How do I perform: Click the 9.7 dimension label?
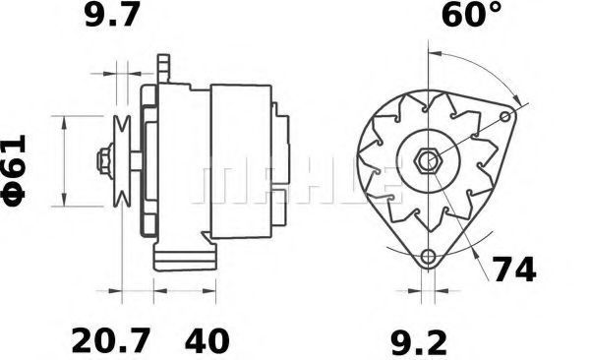click(112, 15)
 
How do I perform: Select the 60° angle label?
click(472, 15)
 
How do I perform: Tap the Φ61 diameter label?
click(15, 170)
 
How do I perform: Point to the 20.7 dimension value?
click(111, 340)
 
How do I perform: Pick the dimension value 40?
click(206, 340)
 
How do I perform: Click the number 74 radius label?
click(514, 270)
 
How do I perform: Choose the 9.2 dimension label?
click(419, 342)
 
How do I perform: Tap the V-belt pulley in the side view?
click(122, 161)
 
